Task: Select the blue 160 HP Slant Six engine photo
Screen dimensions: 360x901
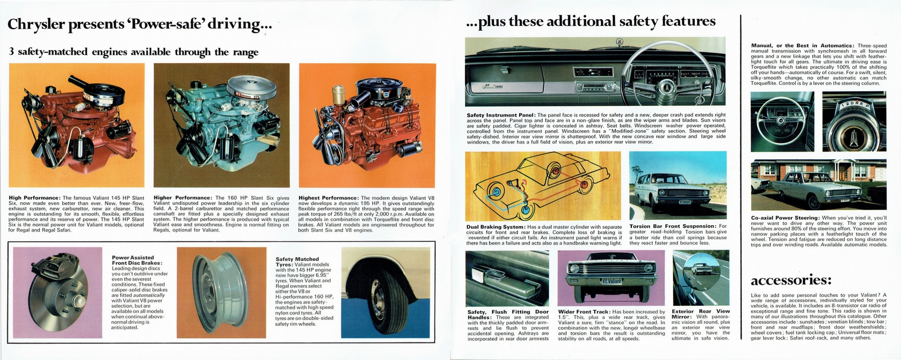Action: tap(221, 127)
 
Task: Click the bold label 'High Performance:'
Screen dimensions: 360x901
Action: tap(34, 198)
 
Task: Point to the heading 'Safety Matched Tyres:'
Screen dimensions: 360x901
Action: tap(297, 262)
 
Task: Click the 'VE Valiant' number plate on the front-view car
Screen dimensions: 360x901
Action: tap(610, 281)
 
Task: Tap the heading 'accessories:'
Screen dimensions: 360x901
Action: tap(791, 280)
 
